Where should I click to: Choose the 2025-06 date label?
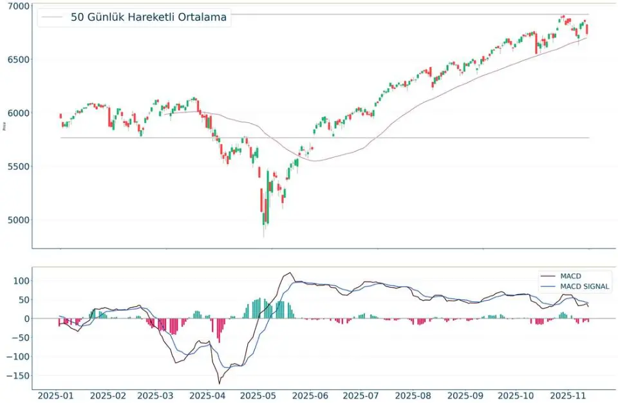point(309,394)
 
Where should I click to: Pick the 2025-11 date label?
point(570,394)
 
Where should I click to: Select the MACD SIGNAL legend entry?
point(585,286)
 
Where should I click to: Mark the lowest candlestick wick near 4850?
point(264,236)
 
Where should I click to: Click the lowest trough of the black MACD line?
point(220,384)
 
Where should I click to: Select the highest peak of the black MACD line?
point(290,273)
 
